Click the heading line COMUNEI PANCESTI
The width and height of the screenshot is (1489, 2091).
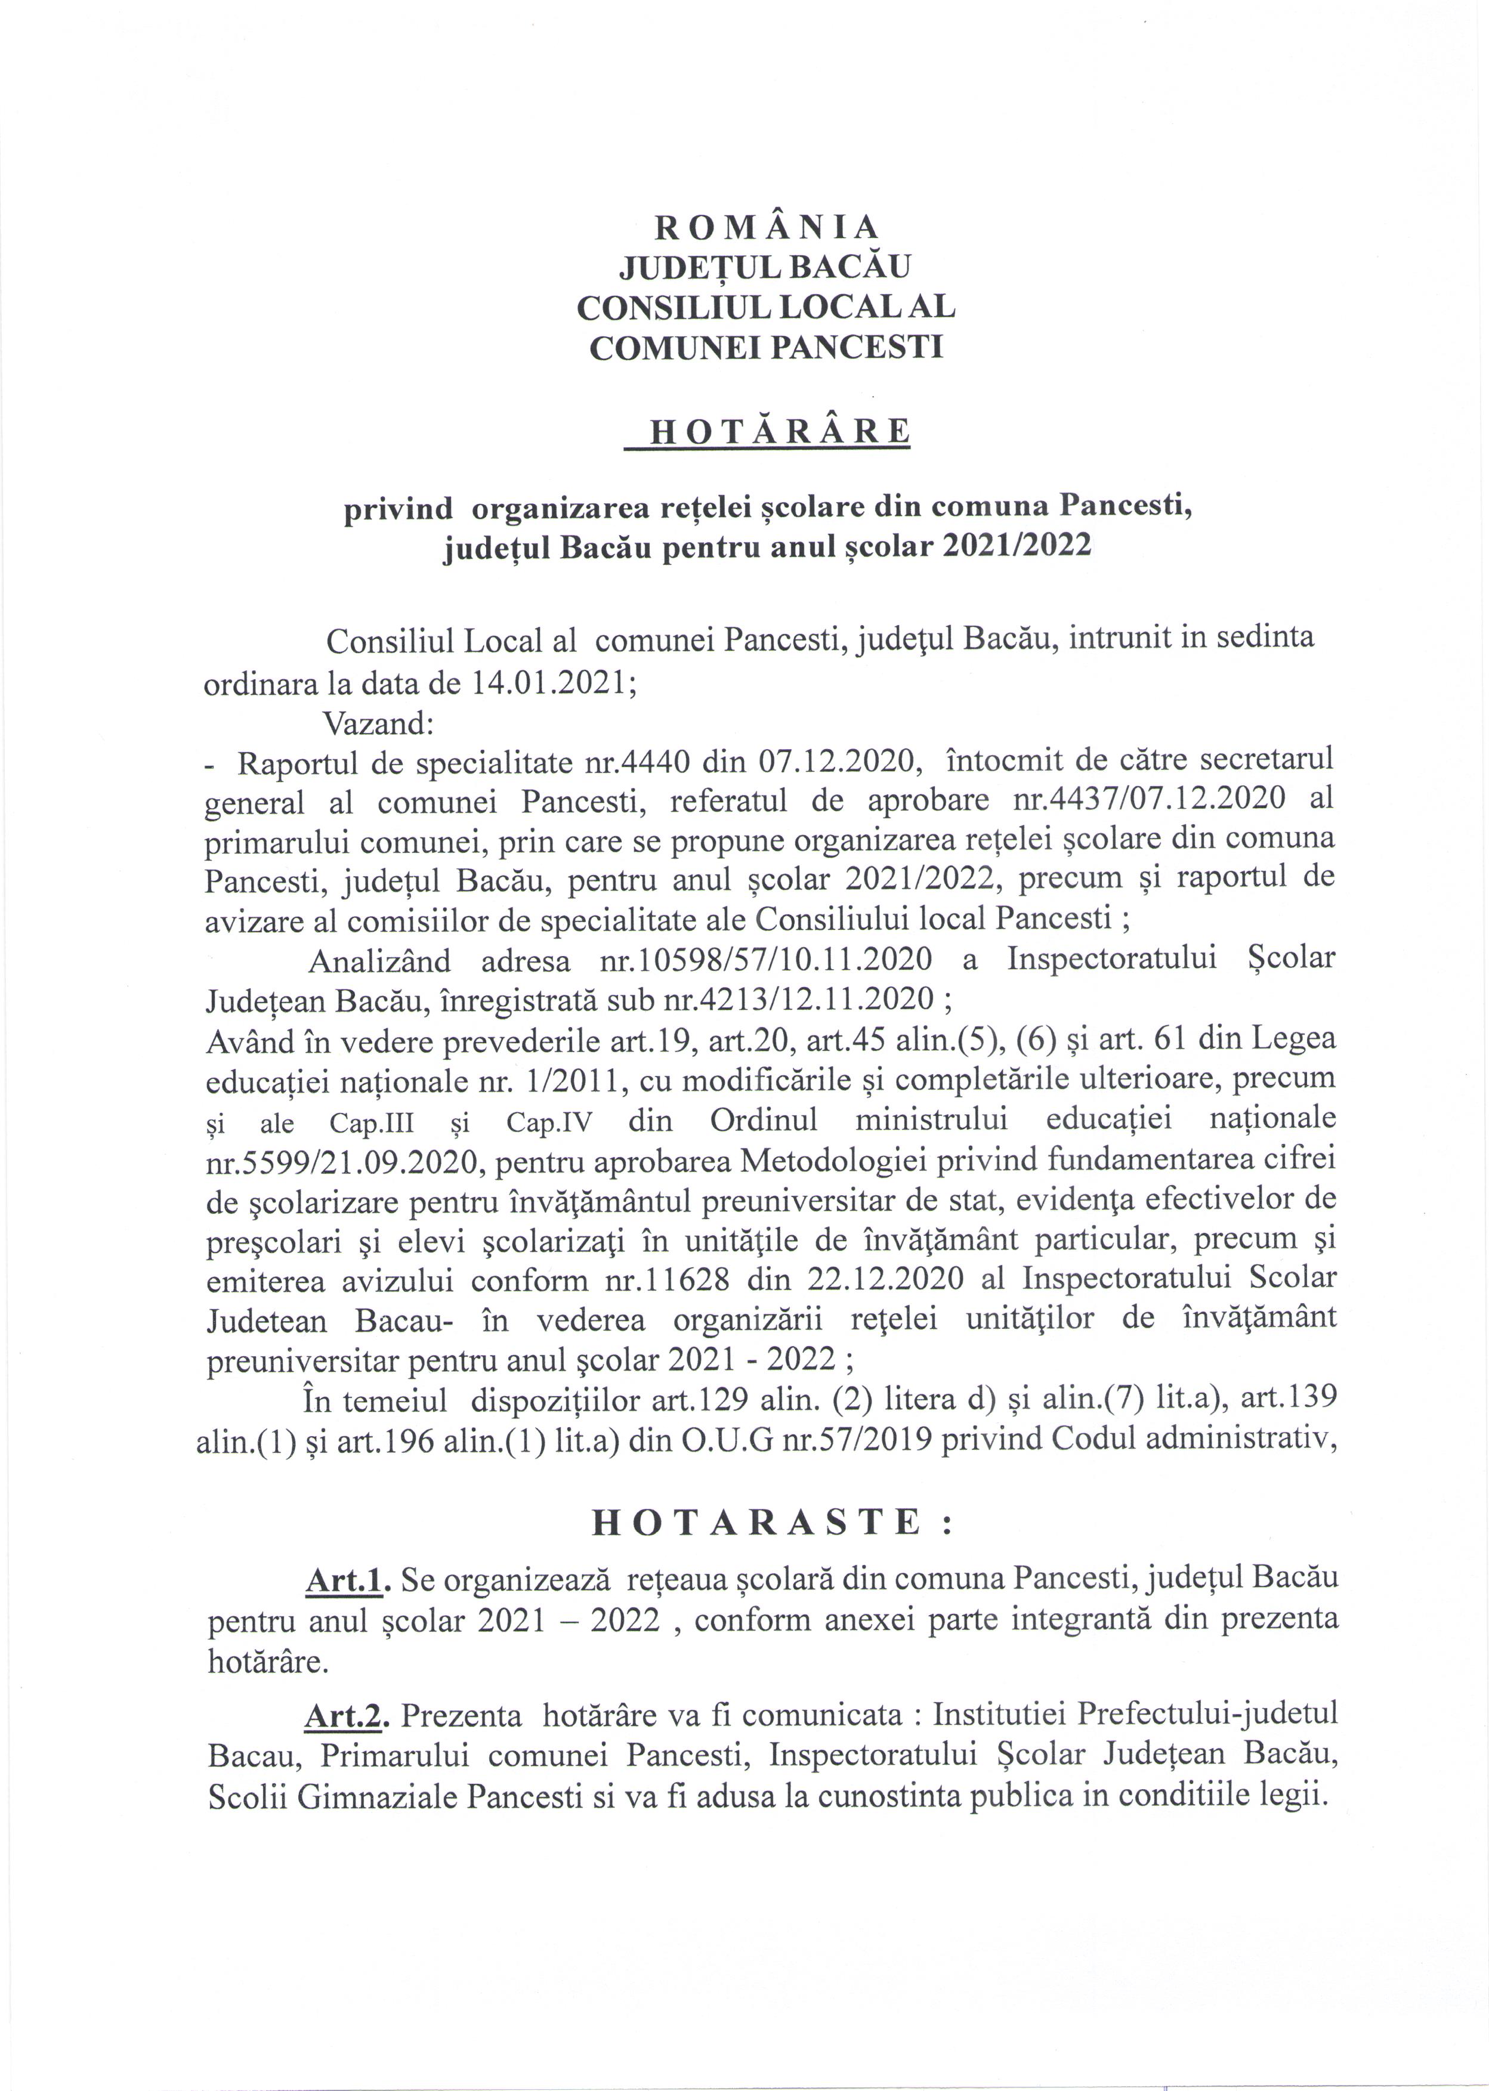coord(765,348)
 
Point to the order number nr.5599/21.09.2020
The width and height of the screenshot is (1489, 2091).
coord(342,1161)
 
